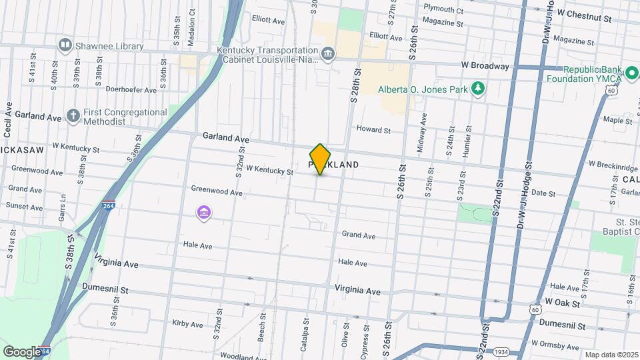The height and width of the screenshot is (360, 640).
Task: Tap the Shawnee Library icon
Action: (65, 46)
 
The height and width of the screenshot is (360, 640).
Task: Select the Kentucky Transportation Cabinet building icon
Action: (327, 53)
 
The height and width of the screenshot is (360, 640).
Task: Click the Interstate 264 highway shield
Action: (109, 206)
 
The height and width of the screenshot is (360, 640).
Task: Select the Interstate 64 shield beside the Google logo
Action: (45, 351)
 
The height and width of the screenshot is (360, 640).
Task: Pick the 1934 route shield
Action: (502, 351)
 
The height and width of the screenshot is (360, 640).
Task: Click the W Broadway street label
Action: (485, 66)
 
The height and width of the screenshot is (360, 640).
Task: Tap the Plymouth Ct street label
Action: (443, 10)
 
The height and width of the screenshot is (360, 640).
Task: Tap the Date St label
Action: (543, 193)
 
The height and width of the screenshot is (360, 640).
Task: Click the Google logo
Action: (21, 351)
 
